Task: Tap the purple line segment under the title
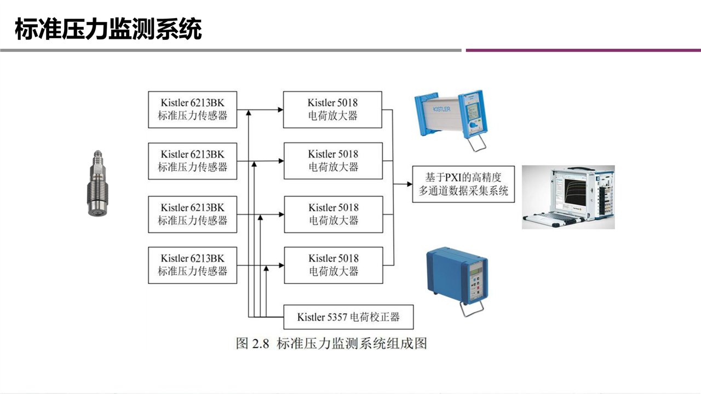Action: pos(583,50)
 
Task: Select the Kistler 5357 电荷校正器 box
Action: pos(348,317)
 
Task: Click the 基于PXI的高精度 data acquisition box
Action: pos(463,184)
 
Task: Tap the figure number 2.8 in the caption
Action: pos(261,344)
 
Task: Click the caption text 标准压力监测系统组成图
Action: pos(352,344)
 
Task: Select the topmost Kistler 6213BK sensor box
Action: pos(192,109)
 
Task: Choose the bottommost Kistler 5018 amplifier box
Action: pos(333,265)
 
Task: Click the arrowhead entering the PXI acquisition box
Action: pos(409,184)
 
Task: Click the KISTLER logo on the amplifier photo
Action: pos(441,109)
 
